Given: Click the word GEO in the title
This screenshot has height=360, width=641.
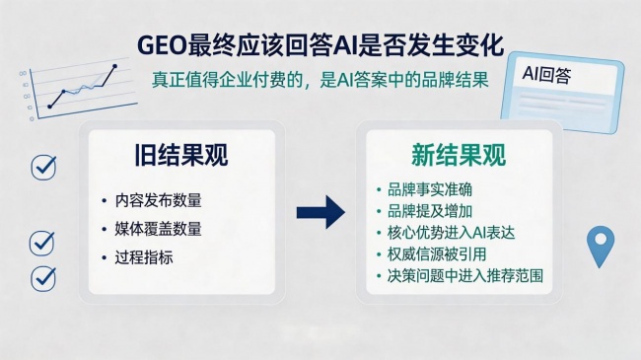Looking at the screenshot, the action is point(162,45).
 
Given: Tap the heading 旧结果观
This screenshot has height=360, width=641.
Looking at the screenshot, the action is point(181,155).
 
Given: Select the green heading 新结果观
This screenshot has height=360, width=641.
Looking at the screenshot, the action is point(459,155).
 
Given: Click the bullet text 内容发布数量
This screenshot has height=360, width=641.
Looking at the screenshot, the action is point(158,200).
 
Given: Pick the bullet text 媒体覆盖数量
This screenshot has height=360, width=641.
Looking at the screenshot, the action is point(158,229).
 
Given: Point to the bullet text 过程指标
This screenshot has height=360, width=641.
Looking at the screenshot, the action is point(144,257).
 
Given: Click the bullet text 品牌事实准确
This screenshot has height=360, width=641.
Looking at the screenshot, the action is point(430,189).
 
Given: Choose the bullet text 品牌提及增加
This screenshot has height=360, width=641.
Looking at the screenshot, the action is point(430,211).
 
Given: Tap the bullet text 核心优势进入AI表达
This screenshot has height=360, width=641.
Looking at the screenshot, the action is point(451,233).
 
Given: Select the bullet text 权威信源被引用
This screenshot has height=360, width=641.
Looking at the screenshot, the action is point(437,254).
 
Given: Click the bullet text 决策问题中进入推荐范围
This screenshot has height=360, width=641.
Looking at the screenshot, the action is point(465,276).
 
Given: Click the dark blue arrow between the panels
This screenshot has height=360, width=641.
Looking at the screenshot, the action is point(320,212).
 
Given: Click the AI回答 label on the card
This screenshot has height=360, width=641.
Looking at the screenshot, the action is point(546,74).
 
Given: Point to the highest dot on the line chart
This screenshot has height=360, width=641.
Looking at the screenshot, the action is point(114,66).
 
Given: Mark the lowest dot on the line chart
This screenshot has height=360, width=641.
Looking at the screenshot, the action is point(50,107).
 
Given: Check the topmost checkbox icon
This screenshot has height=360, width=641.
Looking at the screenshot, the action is point(43,167).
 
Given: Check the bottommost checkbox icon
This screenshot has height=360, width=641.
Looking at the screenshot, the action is point(43,279).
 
